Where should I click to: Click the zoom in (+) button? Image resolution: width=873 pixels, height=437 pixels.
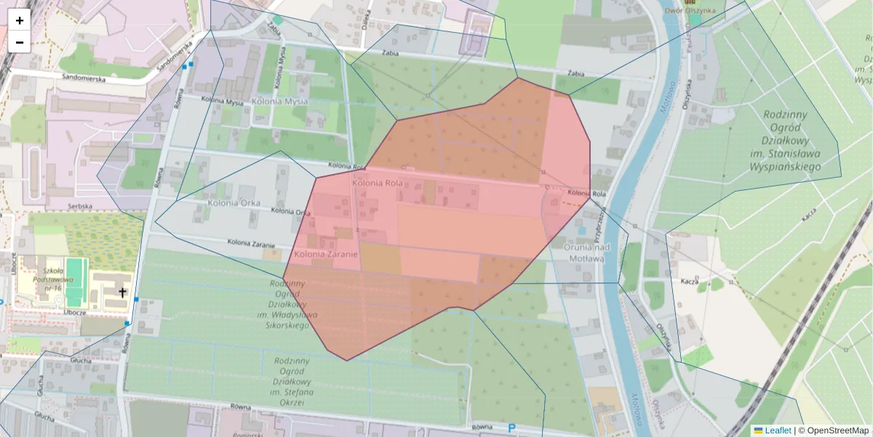click(x=20, y=20)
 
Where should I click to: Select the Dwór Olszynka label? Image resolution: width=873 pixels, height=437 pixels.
click(x=690, y=10)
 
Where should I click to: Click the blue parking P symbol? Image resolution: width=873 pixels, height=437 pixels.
click(x=511, y=428)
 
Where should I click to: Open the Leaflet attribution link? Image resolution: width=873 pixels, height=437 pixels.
click(x=778, y=430)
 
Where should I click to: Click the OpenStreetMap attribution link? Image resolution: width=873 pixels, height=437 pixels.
click(x=838, y=430)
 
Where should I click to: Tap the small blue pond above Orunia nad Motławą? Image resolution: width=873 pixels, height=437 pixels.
click(x=581, y=231)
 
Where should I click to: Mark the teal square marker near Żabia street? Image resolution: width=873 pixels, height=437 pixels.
click(x=277, y=20)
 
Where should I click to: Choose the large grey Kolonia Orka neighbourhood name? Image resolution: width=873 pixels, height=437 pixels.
click(x=234, y=202)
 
